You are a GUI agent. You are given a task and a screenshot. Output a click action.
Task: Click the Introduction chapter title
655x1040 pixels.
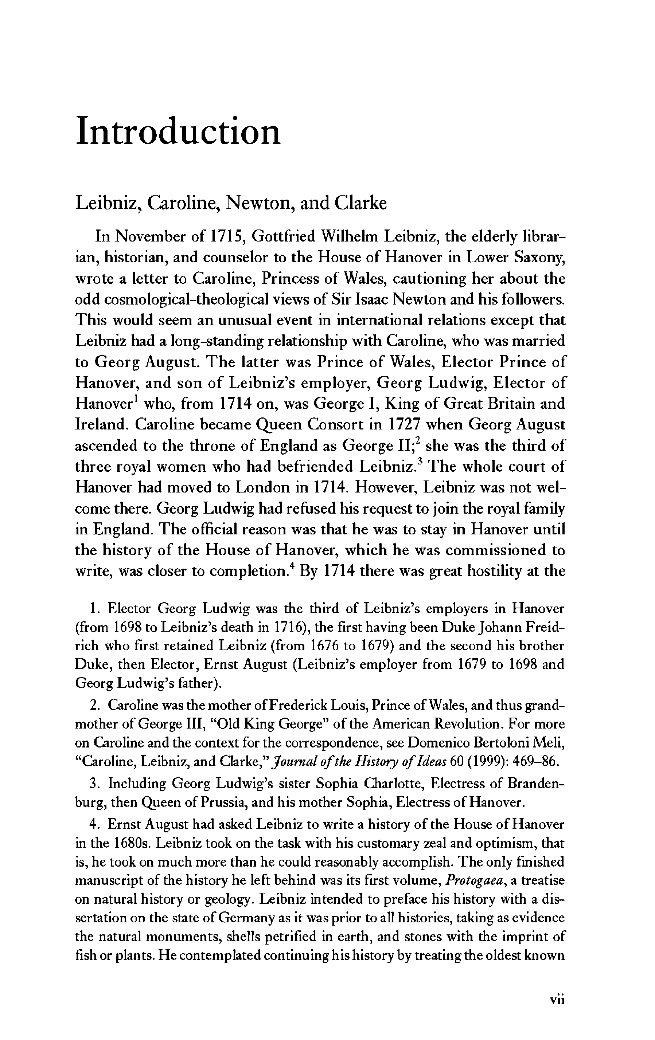(178, 131)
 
